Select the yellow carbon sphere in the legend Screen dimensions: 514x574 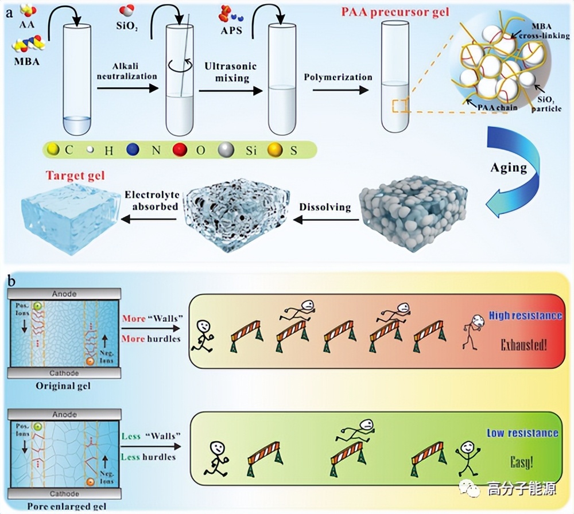[53, 150]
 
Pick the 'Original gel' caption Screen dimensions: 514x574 [63, 387]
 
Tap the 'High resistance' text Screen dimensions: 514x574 [525, 316]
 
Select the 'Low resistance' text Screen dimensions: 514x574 [522, 433]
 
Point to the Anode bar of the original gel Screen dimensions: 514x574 [64, 293]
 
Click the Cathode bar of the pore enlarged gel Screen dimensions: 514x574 [64, 493]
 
